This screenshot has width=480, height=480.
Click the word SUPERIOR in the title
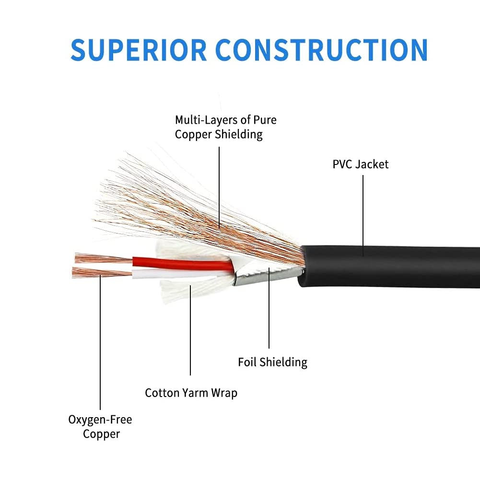pos(139,49)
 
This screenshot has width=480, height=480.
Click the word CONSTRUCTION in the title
pos(322,49)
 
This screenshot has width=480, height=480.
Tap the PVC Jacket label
pos(361,164)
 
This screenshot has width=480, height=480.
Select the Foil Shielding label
pos(272,362)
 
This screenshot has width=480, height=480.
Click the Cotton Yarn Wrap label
pos(191,393)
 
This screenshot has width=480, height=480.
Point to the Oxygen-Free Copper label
pos(100,427)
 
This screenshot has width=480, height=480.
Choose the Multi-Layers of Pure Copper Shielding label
pos(225,127)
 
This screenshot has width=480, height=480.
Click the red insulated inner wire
pos(182,263)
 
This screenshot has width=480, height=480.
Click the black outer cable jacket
pos(393,266)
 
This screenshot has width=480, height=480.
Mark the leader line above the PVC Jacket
pos(363,211)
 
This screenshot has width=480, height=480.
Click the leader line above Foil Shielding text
pos(269,312)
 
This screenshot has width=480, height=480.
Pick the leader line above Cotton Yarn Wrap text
pos(190,336)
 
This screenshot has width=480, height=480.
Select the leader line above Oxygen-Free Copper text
pos(100,345)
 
